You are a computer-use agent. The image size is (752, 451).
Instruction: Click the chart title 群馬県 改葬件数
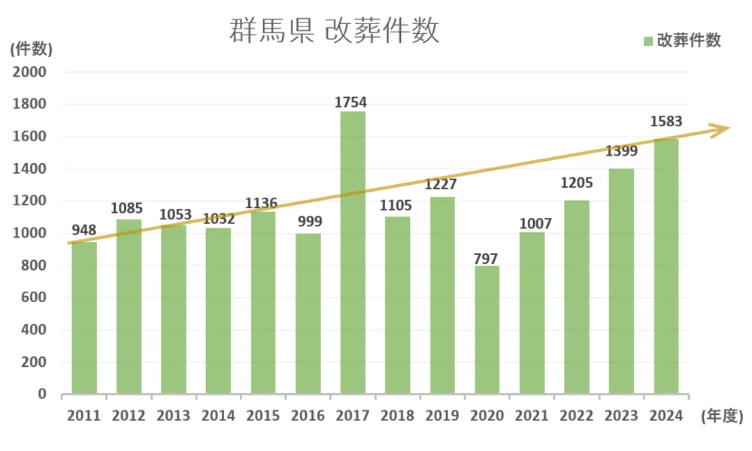point(334,32)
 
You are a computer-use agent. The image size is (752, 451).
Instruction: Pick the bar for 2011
point(84,317)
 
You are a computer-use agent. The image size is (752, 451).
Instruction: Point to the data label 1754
point(352,101)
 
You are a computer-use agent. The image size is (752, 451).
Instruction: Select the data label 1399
point(621,151)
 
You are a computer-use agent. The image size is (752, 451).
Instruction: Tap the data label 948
point(84,229)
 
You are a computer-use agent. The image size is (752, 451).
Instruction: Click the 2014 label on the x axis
point(218,416)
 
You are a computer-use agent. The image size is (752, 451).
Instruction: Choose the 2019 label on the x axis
point(442,416)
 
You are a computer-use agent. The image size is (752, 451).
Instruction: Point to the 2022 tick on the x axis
point(576,416)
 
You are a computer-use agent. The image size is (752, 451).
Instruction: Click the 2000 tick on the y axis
point(31,72)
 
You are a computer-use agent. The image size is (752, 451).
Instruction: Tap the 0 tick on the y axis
point(42,394)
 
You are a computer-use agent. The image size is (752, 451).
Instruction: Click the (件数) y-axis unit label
point(32,50)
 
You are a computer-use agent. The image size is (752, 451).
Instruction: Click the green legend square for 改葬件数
point(648,41)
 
